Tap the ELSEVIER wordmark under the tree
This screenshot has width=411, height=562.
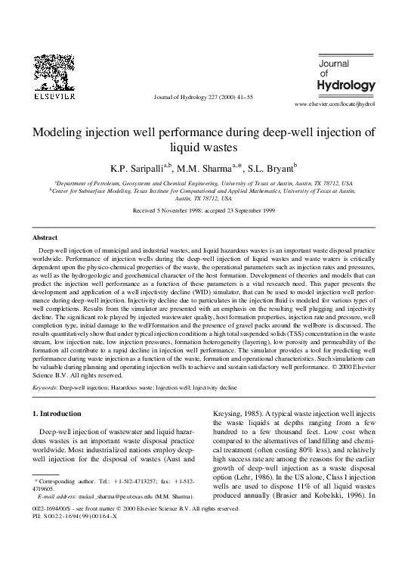(49, 98)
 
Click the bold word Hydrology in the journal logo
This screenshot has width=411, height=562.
(347, 84)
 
